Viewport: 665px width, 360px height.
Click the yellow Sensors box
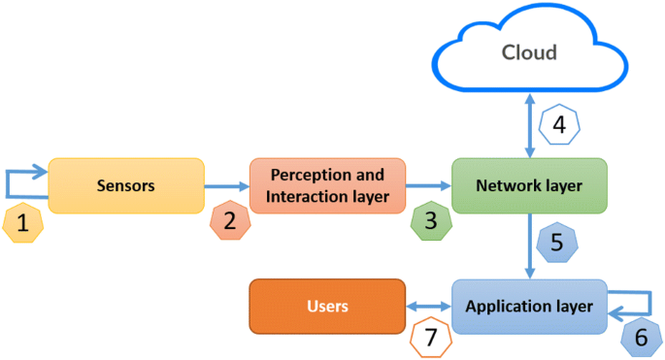(126, 185)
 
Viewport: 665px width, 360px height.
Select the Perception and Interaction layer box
(327, 185)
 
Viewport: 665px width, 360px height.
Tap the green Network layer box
(529, 185)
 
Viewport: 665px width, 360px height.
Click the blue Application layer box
(529, 307)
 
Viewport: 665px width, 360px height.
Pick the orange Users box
(327, 307)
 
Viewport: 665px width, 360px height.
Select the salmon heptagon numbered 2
(230, 220)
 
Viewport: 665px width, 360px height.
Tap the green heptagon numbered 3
(430, 220)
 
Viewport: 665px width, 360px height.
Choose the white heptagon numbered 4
(558, 125)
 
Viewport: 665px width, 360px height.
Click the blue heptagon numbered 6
(640, 337)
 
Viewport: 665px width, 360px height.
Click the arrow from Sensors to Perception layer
(226, 185)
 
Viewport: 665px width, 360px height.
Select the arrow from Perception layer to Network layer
(428, 185)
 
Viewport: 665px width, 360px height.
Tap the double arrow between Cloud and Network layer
(529, 125)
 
